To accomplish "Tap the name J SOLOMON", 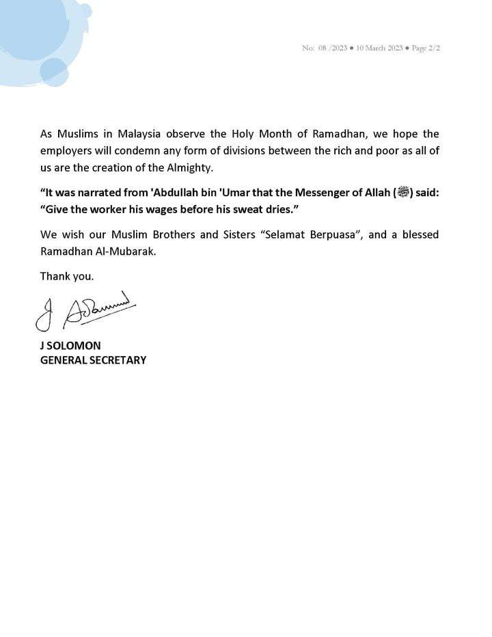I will click(x=70, y=346).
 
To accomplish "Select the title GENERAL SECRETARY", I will click(x=93, y=360).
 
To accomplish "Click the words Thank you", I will click(x=67, y=276).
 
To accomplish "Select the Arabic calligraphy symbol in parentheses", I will click(x=403, y=193).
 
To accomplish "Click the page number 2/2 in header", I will click(x=433, y=48).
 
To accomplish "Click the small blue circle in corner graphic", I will click(x=53, y=72).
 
